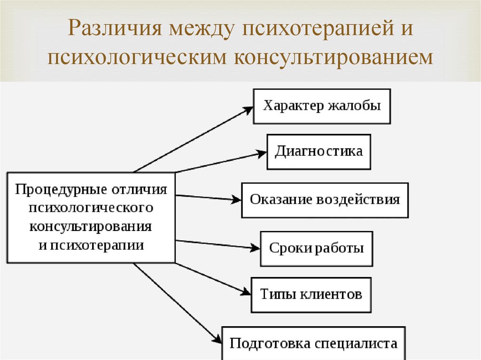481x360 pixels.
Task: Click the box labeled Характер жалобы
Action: point(322,107)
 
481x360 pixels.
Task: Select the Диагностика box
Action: point(319,152)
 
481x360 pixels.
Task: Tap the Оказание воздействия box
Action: point(325,200)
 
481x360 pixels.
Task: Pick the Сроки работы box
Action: point(317,249)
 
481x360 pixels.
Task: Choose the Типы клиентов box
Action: point(311,295)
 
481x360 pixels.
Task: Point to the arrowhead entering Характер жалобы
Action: point(248,110)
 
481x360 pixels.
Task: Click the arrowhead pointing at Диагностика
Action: point(261,153)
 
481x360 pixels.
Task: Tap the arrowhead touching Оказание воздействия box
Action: point(236,199)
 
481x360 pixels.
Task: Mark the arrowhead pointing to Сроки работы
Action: point(255,247)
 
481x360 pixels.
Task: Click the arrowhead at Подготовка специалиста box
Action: point(217,338)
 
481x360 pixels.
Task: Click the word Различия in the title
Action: point(115,28)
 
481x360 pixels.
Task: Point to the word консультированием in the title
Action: point(334,58)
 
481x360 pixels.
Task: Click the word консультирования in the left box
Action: point(91,227)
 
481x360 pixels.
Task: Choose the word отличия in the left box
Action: point(139,190)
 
